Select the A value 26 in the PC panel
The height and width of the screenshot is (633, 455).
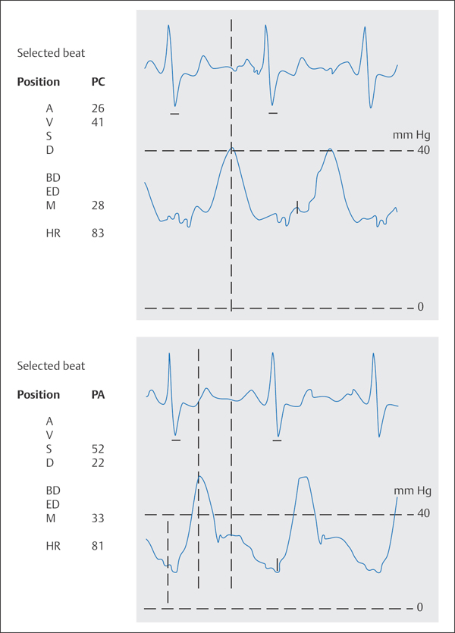coord(97,108)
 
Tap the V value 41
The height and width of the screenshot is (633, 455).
coord(97,122)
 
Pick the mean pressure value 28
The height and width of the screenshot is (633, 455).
coord(97,205)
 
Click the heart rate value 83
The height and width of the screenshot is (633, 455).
coord(97,233)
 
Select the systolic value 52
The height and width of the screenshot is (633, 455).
coord(97,449)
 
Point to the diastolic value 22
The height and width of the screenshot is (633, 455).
coord(97,462)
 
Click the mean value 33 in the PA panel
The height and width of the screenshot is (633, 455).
coord(97,519)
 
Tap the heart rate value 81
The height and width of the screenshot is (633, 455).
coord(97,546)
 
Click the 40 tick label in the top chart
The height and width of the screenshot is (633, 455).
coord(423,151)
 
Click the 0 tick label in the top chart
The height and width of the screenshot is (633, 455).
coord(420,308)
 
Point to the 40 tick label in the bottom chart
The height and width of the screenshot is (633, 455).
coord(423,514)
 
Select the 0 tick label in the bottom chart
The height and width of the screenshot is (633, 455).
coord(420,608)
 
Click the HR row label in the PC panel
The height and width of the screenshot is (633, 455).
coord(53,233)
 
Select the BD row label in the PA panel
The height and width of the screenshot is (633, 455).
coord(53,490)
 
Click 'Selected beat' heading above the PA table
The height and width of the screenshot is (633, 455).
coord(51,366)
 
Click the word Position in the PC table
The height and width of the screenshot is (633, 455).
coord(38,81)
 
